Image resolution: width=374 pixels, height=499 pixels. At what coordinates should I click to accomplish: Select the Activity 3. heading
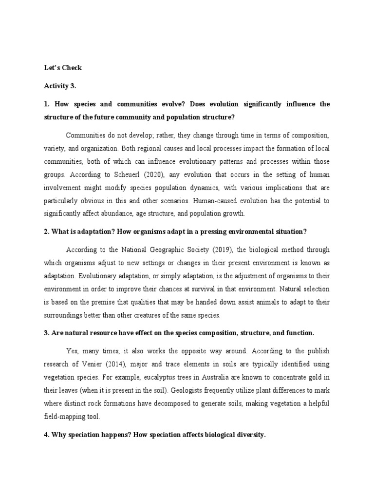[x=60, y=86]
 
